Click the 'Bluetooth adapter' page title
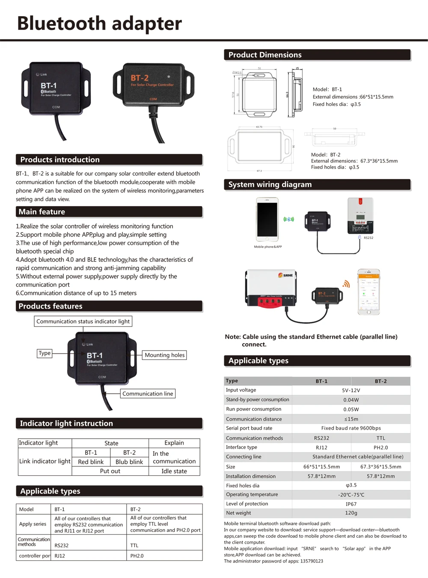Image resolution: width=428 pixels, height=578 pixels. [x=99, y=24]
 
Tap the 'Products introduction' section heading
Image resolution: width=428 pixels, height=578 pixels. [x=60, y=160]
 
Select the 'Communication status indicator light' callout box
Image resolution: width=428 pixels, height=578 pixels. [x=83, y=321]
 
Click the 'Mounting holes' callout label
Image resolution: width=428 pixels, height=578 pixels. [x=164, y=355]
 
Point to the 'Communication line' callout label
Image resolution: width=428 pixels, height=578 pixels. [x=148, y=394]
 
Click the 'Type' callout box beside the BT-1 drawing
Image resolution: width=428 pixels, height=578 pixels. [x=45, y=353]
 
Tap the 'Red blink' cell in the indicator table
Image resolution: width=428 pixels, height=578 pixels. [x=91, y=462]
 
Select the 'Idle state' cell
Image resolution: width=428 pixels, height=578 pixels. [x=174, y=471]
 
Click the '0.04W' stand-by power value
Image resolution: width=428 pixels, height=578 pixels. [x=351, y=400]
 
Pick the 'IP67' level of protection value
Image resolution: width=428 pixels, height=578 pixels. [x=351, y=504]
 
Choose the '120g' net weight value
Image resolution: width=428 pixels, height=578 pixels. [x=351, y=513]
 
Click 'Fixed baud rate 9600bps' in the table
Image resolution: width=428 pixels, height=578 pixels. [x=351, y=428]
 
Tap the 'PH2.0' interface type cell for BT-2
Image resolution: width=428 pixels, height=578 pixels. [x=380, y=448]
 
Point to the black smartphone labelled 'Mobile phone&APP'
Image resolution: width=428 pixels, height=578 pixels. [x=267, y=219]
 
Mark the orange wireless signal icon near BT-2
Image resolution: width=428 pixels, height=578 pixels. [x=346, y=284]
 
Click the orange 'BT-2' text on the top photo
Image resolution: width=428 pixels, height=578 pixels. [x=140, y=78]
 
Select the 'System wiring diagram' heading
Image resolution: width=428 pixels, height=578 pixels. [x=270, y=185]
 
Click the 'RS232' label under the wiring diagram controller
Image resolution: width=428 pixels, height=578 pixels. [x=368, y=238]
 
